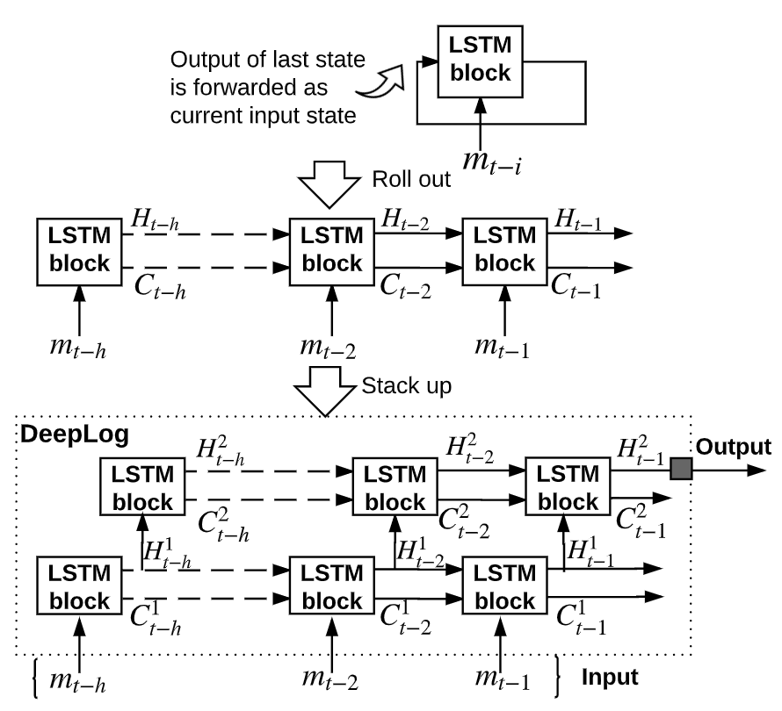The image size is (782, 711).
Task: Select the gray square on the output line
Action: click(x=680, y=470)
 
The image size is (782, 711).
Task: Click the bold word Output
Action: click(x=734, y=448)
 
